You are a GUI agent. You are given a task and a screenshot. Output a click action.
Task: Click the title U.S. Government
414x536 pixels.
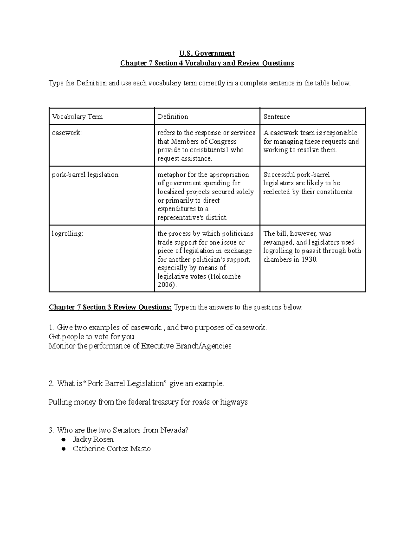pyautogui.click(x=207, y=53)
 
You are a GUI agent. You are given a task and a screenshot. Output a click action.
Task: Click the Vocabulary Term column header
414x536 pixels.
pyautogui.click(x=77, y=117)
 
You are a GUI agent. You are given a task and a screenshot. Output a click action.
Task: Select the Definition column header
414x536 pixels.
pyautogui.click(x=173, y=117)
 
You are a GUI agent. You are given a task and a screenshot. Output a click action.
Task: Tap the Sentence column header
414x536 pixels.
pyautogui.click(x=277, y=117)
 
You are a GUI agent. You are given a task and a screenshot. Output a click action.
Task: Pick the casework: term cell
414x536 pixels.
pyautogui.click(x=67, y=133)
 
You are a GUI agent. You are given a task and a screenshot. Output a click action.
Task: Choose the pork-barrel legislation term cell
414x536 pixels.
pyautogui.click(x=85, y=175)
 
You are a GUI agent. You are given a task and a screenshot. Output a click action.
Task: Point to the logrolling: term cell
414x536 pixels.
pyautogui.click(x=68, y=234)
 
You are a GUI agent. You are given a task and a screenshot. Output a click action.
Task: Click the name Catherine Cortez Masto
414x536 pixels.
pyautogui.click(x=112, y=449)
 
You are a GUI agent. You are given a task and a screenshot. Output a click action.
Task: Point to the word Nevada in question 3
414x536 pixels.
pyautogui.click(x=175, y=430)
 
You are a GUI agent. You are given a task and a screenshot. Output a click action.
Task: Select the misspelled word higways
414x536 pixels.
pyautogui.click(x=234, y=402)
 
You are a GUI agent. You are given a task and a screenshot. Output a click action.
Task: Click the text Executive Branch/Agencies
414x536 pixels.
pyautogui.click(x=186, y=346)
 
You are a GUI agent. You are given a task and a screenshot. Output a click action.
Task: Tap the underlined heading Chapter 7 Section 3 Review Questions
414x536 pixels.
pyautogui.click(x=110, y=307)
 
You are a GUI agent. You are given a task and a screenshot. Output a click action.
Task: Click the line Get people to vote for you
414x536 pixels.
pyautogui.click(x=91, y=337)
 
